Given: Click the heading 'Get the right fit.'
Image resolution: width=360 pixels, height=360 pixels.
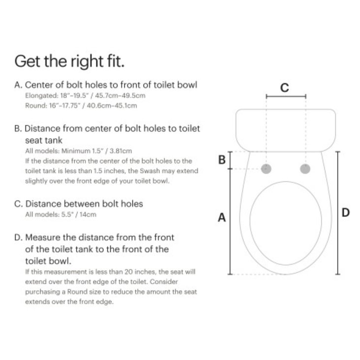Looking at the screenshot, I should tap(69, 62).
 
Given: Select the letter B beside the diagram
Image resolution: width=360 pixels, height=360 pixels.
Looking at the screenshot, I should tap(221, 160).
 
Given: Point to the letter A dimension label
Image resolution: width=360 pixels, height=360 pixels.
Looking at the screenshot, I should tap(221, 217).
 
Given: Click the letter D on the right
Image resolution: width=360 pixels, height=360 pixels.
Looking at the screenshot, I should tap(346, 212).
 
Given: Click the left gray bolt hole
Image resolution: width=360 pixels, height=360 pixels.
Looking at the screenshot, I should tap(266, 169).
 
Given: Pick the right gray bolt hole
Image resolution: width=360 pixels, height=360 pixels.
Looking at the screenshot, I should tap(305, 169).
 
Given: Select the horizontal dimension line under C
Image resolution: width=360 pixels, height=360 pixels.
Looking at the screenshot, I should tap(286, 97).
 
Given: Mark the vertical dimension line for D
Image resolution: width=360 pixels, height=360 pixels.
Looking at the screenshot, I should tap(337, 212).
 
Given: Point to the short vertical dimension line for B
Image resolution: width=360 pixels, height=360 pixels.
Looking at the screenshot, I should tap(230, 160).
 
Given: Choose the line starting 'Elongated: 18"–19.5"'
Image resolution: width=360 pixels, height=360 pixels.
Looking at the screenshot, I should tap(85, 96).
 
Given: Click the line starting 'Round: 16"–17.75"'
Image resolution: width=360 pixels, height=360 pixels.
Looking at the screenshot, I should tap(81, 105).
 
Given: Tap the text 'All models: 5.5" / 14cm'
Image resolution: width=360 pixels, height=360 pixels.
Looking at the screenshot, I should tap(60, 215).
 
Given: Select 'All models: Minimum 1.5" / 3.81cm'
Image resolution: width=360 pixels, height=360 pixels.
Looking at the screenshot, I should tap(78, 151).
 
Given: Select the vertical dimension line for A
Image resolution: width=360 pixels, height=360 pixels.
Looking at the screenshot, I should tap(230, 221).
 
